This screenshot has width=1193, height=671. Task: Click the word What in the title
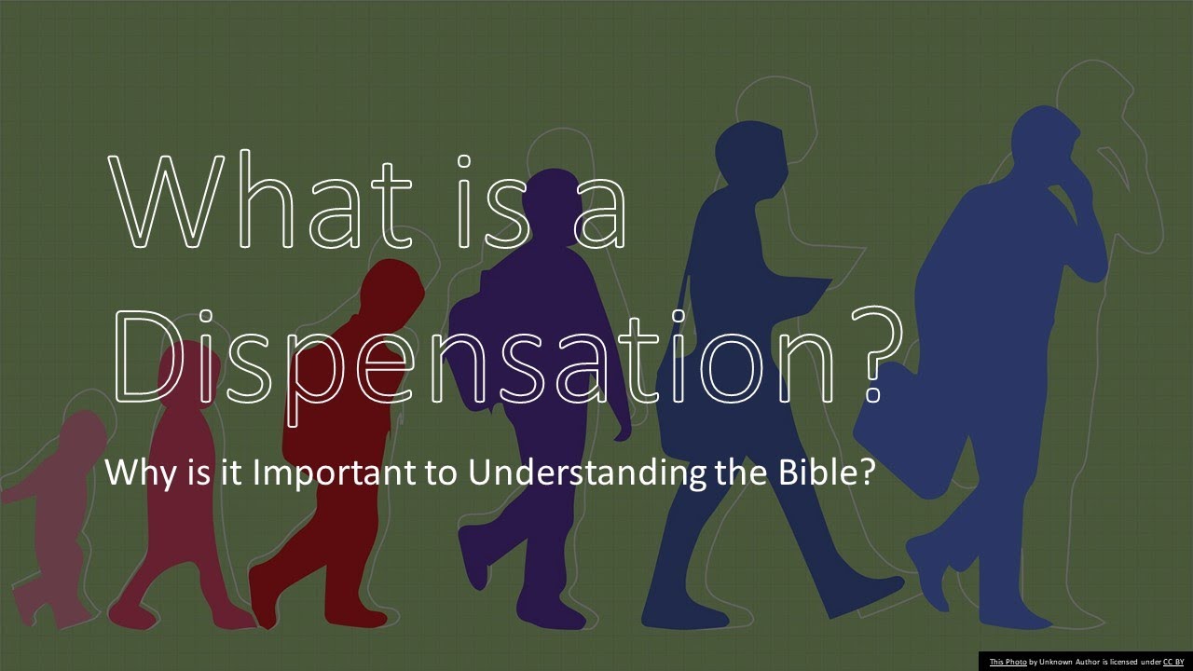266,199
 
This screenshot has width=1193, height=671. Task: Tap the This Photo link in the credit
1008,662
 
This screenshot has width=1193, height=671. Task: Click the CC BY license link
1172,662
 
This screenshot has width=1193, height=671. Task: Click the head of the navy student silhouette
750,154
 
